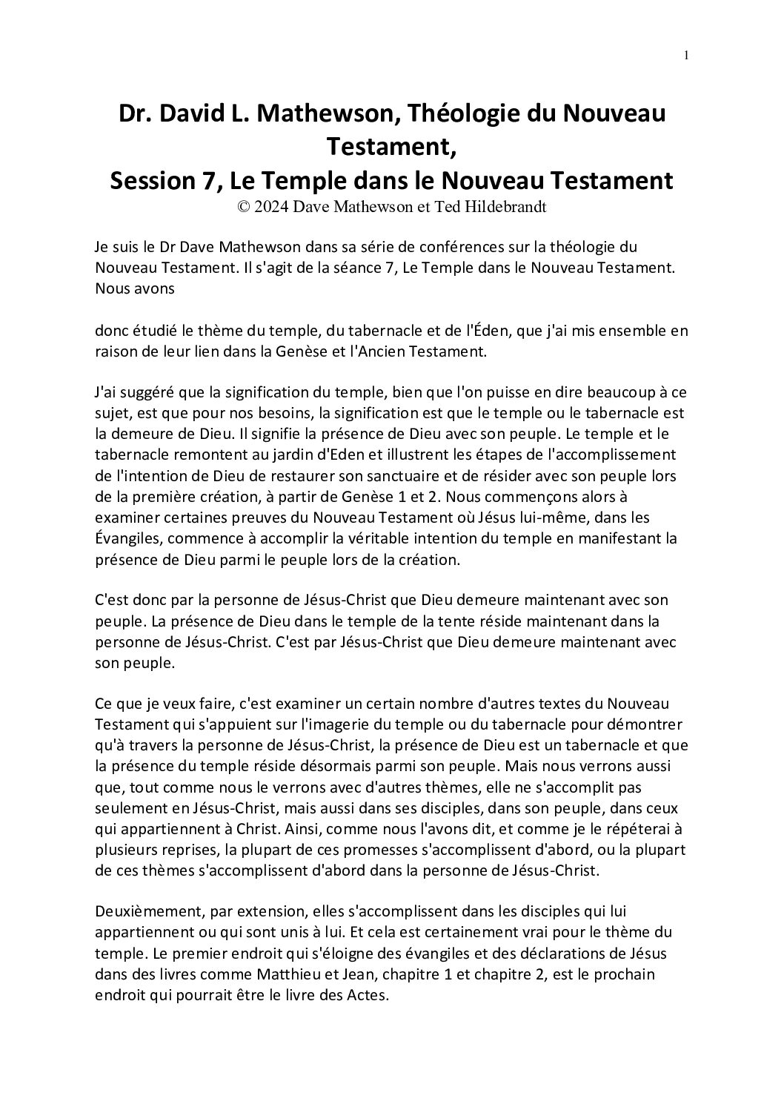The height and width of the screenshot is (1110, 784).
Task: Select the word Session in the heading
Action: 153,180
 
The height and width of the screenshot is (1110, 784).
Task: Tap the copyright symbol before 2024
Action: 242,208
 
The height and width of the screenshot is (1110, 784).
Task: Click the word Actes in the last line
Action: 369,996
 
